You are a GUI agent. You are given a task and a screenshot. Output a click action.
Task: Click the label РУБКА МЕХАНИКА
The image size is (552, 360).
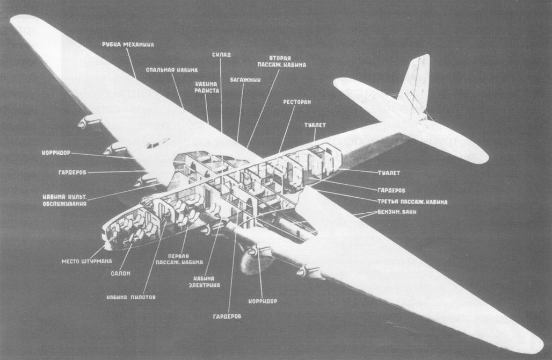[x=127, y=44]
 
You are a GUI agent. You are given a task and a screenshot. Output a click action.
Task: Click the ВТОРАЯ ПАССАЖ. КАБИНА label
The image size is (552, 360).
[x=288, y=61]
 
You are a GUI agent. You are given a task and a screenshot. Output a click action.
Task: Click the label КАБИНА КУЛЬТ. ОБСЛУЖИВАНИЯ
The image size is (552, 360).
[x=65, y=199]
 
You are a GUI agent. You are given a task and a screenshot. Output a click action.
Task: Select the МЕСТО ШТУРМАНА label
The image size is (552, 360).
[x=86, y=262]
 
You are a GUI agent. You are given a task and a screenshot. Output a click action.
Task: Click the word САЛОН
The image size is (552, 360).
[x=121, y=273]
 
